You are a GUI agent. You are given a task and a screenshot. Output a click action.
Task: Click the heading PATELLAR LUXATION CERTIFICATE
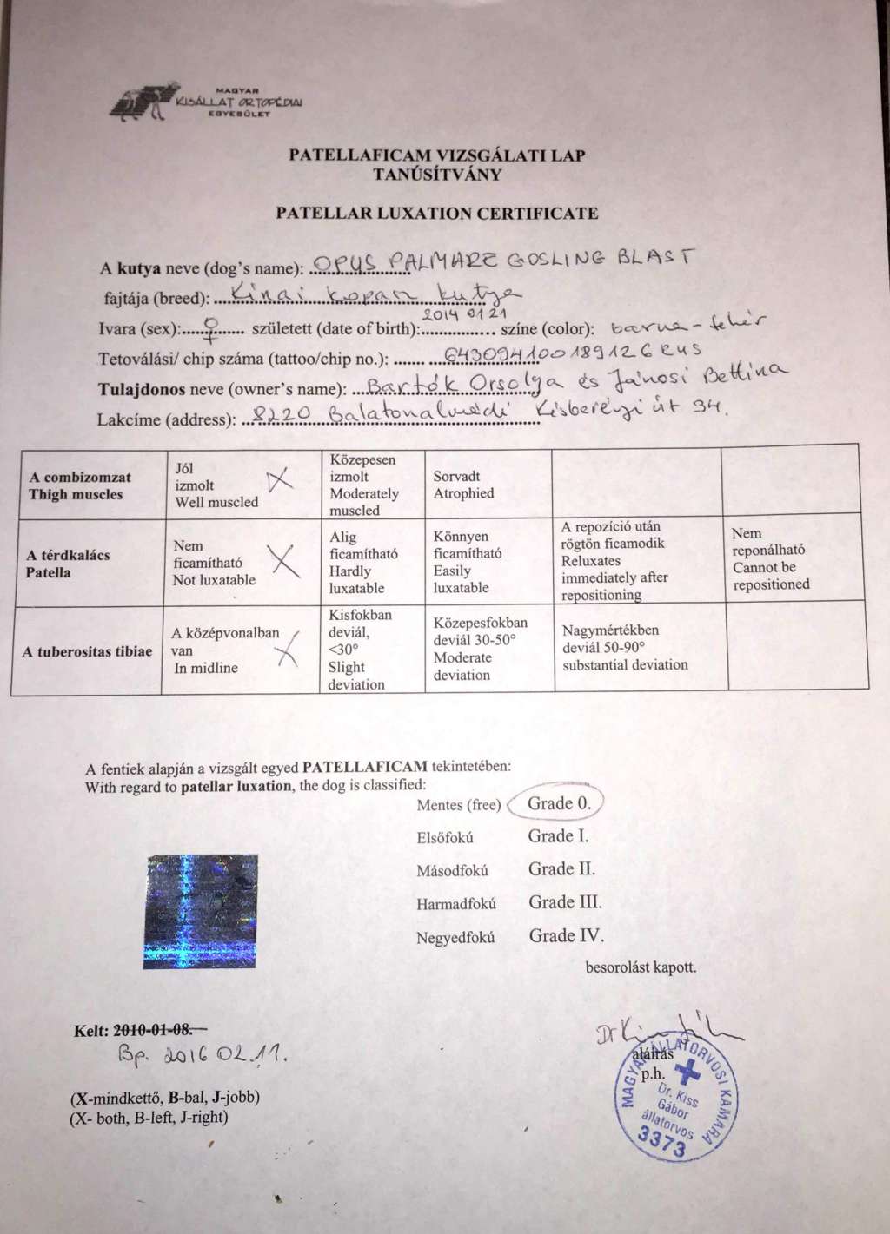436,213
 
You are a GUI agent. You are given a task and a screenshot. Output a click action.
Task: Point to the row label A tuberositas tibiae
87,651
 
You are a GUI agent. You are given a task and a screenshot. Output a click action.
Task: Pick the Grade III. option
565,902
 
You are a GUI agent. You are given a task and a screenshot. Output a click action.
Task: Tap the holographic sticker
201,911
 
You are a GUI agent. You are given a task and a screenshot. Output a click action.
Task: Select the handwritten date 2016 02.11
202,1055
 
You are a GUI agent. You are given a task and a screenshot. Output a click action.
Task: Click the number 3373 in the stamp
661,1141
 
